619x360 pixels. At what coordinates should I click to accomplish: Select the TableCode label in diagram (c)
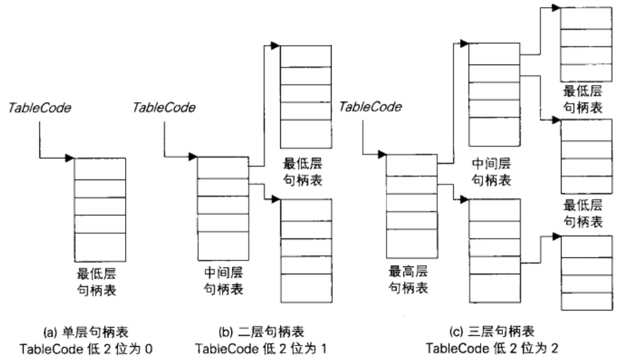(x=371, y=108)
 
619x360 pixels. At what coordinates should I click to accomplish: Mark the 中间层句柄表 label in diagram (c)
(x=492, y=173)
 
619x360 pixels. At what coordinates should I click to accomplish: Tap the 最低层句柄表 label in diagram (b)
(x=304, y=172)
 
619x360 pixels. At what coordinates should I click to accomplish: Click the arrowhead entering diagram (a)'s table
(x=70, y=158)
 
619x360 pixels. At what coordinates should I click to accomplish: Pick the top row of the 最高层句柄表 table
(x=411, y=164)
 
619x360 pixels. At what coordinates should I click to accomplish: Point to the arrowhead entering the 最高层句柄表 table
(x=382, y=155)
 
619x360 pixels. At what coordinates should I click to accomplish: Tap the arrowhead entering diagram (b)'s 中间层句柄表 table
(x=193, y=158)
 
